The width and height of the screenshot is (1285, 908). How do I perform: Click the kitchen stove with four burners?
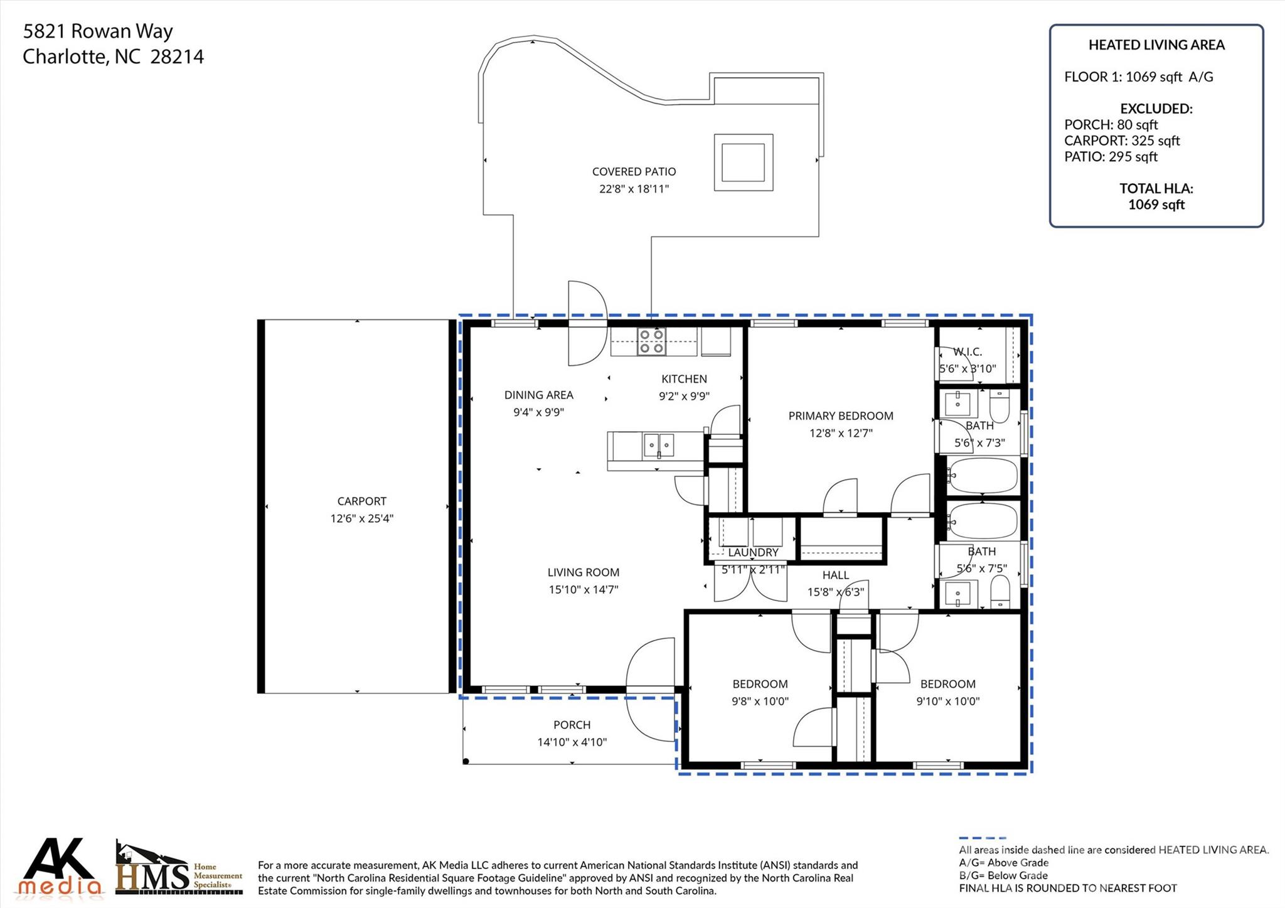click(x=651, y=341)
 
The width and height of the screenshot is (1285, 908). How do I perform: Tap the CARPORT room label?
click(x=361, y=501)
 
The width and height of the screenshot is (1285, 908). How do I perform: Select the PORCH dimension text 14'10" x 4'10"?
click(x=572, y=742)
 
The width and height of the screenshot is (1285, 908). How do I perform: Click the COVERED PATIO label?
click(x=634, y=171)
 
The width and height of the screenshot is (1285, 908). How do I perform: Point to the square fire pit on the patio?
click(x=744, y=163)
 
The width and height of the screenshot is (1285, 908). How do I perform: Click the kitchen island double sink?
click(x=658, y=445)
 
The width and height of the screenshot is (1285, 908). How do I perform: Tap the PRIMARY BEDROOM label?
click(x=841, y=415)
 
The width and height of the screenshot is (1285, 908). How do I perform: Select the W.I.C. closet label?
click(x=968, y=352)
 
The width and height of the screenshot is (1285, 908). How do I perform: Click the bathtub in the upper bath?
click(x=983, y=476)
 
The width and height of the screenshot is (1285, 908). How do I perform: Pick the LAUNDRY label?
click(x=753, y=552)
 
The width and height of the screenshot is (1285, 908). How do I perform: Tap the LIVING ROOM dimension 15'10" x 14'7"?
click(x=584, y=589)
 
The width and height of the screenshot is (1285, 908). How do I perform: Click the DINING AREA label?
click(x=539, y=395)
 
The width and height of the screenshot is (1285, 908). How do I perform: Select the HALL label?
click(x=836, y=575)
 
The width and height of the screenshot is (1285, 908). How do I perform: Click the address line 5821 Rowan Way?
click(x=98, y=31)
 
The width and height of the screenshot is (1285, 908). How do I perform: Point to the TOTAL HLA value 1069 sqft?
click(x=1156, y=205)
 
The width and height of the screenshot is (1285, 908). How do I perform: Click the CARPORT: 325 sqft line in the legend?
click(x=1122, y=141)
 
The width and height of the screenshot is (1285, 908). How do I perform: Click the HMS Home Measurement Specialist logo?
click(x=179, y=868)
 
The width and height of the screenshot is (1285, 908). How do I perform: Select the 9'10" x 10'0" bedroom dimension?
click(x=948, y=701)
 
